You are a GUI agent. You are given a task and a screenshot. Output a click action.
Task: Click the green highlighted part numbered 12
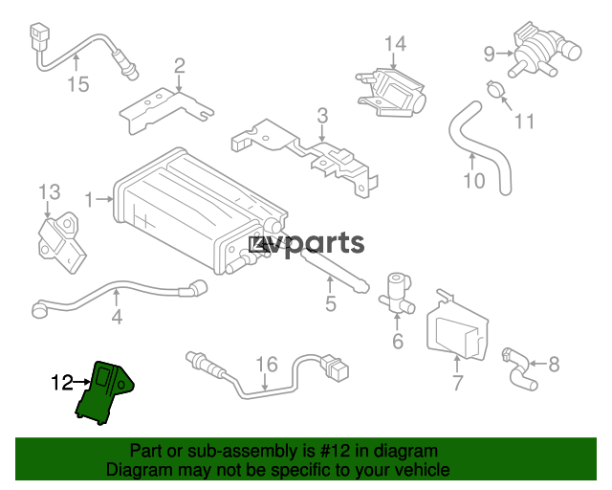(103, 392)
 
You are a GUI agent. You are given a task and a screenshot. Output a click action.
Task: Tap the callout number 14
(395, 44)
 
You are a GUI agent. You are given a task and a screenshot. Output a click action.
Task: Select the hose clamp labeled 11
(495, 88)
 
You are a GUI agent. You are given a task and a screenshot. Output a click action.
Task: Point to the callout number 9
(490, 54)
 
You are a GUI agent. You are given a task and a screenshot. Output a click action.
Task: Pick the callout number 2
(179, 66)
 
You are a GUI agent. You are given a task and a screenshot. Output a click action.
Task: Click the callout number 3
(322, 116)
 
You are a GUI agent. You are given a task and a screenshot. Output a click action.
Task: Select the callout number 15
(78, 84)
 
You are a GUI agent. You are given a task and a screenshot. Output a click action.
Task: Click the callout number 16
(267, 365)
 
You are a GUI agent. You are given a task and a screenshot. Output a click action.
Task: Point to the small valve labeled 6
(396, 295)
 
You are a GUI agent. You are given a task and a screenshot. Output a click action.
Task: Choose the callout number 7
(458, 383)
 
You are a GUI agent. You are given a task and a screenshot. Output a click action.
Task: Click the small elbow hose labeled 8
(519, 367)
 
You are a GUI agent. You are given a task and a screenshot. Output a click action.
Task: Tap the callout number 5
(331, 303)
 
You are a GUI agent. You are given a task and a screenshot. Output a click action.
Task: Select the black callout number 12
(62, 383)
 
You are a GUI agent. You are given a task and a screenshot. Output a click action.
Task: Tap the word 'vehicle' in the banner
(424, 470)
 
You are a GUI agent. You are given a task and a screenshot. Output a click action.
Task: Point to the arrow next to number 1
(104, 199)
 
